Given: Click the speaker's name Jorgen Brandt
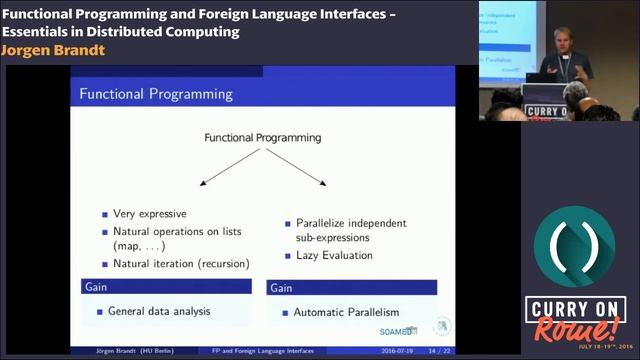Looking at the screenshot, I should point(52,50).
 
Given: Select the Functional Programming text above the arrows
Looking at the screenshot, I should point(264,137).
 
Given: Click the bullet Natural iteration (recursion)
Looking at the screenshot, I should point(181,263).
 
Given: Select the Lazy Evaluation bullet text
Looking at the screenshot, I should point(334,255).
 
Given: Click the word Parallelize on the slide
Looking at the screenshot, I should point(326,222).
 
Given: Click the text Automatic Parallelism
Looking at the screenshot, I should point(346,312).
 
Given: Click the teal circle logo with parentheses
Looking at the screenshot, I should point(574,246).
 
